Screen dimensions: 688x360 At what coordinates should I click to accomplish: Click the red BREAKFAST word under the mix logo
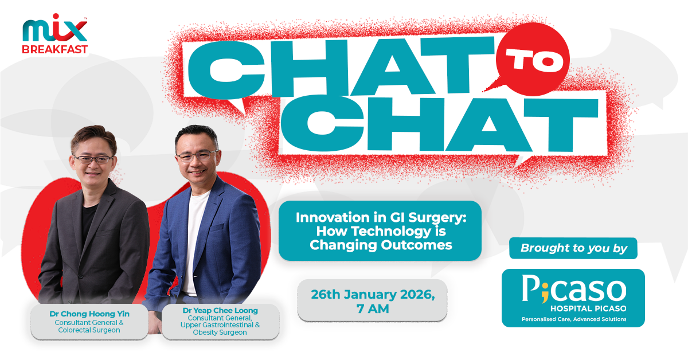(55, 49)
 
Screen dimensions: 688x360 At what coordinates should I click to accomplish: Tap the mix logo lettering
(55, 28)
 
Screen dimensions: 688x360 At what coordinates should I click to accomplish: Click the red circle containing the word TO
(533, 58)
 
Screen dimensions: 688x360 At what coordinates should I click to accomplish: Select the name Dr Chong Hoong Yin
(89, 314)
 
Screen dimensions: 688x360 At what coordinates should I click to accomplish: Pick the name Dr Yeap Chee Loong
(220, 310)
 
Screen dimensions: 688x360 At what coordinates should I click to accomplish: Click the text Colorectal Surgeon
(89, 330)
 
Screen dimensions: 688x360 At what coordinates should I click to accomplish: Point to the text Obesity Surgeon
(220, 332)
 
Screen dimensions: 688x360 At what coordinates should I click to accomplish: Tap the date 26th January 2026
(373, 295)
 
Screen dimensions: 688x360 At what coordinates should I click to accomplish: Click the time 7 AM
(373, 309)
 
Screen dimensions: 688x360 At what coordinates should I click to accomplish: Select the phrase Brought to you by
(574, 248)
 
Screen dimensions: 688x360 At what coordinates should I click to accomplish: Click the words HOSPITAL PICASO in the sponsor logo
(588, 308)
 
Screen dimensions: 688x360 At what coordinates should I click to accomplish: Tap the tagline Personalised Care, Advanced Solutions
(574, 319)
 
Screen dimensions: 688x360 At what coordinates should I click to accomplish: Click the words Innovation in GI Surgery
(381, 217)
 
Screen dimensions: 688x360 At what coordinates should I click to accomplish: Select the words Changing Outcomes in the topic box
(381, 245)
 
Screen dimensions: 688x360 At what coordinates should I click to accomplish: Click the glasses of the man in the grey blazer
(93, 159)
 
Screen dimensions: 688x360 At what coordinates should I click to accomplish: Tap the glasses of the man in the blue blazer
(197, 155)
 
